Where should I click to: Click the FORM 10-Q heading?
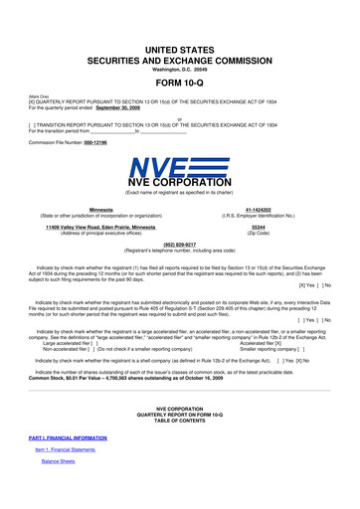(180, 83)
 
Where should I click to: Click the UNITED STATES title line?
(180, 49)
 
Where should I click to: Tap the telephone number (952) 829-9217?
(180, 244)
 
